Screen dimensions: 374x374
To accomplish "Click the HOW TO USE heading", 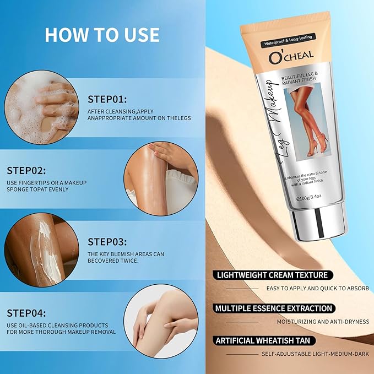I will pyautogui.click(x=102, y=34).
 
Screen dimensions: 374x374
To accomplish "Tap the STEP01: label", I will pyautogui.click(x=107, y=99).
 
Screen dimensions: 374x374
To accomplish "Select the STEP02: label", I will pyautogui.click(x=26, y=171).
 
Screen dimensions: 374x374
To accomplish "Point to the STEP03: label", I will pyautogui.click(x=107, y=242).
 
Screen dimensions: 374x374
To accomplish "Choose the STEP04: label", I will pyautogui.click(x=26, y=313).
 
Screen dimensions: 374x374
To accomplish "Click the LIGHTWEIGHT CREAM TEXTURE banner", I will pyautogui.click(x=272, y=275).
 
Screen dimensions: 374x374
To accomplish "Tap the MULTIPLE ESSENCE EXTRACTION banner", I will pyautogui.click(x=274, y=308).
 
